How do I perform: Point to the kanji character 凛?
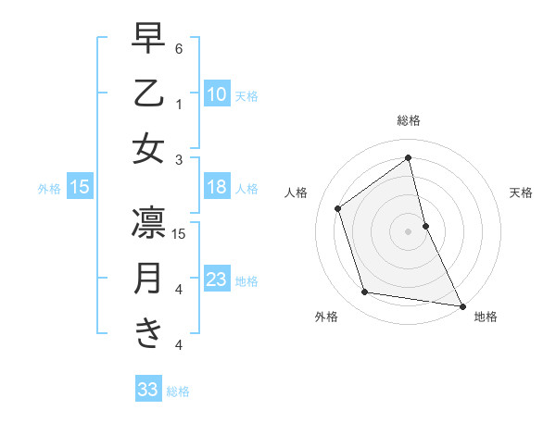[x=148, y=223]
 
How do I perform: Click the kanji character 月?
[x=148, y=279]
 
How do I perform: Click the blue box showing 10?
[x=217, y=94]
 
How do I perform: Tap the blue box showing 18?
[x=217, y=188]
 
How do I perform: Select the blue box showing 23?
[x=217, y=280]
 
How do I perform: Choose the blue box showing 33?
[x=148, y=391]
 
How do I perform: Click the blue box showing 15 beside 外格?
[x=80, y=188]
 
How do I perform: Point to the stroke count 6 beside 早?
[x=179, y=48]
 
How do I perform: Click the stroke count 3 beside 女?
[x=179, y=159]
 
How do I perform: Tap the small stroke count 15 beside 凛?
[x=180, y=233]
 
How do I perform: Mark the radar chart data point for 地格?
[x=461, y=304]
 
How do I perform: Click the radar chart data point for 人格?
[x=337, y=208]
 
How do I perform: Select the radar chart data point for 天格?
[x=425, y=225]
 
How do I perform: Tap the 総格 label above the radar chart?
[x=409, y=120]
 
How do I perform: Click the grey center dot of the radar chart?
[x=409, y=230]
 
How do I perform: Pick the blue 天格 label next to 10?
[x=246, y=95]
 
